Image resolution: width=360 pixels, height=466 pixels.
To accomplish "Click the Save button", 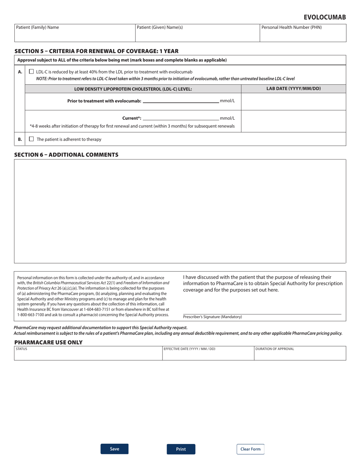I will click(114, 449).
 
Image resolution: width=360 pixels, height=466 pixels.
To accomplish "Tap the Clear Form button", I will click(250, 449).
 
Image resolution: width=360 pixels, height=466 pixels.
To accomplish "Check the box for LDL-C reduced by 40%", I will click(31, 71).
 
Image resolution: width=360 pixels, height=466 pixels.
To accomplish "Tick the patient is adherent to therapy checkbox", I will click(31, 139).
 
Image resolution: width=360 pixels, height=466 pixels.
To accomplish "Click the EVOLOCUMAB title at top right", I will click(324, 17).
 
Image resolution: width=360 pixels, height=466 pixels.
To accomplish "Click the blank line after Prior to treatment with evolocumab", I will click(180, 101).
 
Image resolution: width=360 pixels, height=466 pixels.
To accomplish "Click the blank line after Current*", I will click(180, 118).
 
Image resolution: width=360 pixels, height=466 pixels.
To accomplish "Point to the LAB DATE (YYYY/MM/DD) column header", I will click(293, 89).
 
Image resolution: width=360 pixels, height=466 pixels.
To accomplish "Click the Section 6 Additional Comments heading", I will click(66, 155).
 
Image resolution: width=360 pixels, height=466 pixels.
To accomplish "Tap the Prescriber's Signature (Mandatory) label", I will click(212, 317).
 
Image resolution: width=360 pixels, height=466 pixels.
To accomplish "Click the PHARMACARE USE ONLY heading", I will click(48, 342).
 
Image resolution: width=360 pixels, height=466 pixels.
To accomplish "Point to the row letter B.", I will click(20, 139).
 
